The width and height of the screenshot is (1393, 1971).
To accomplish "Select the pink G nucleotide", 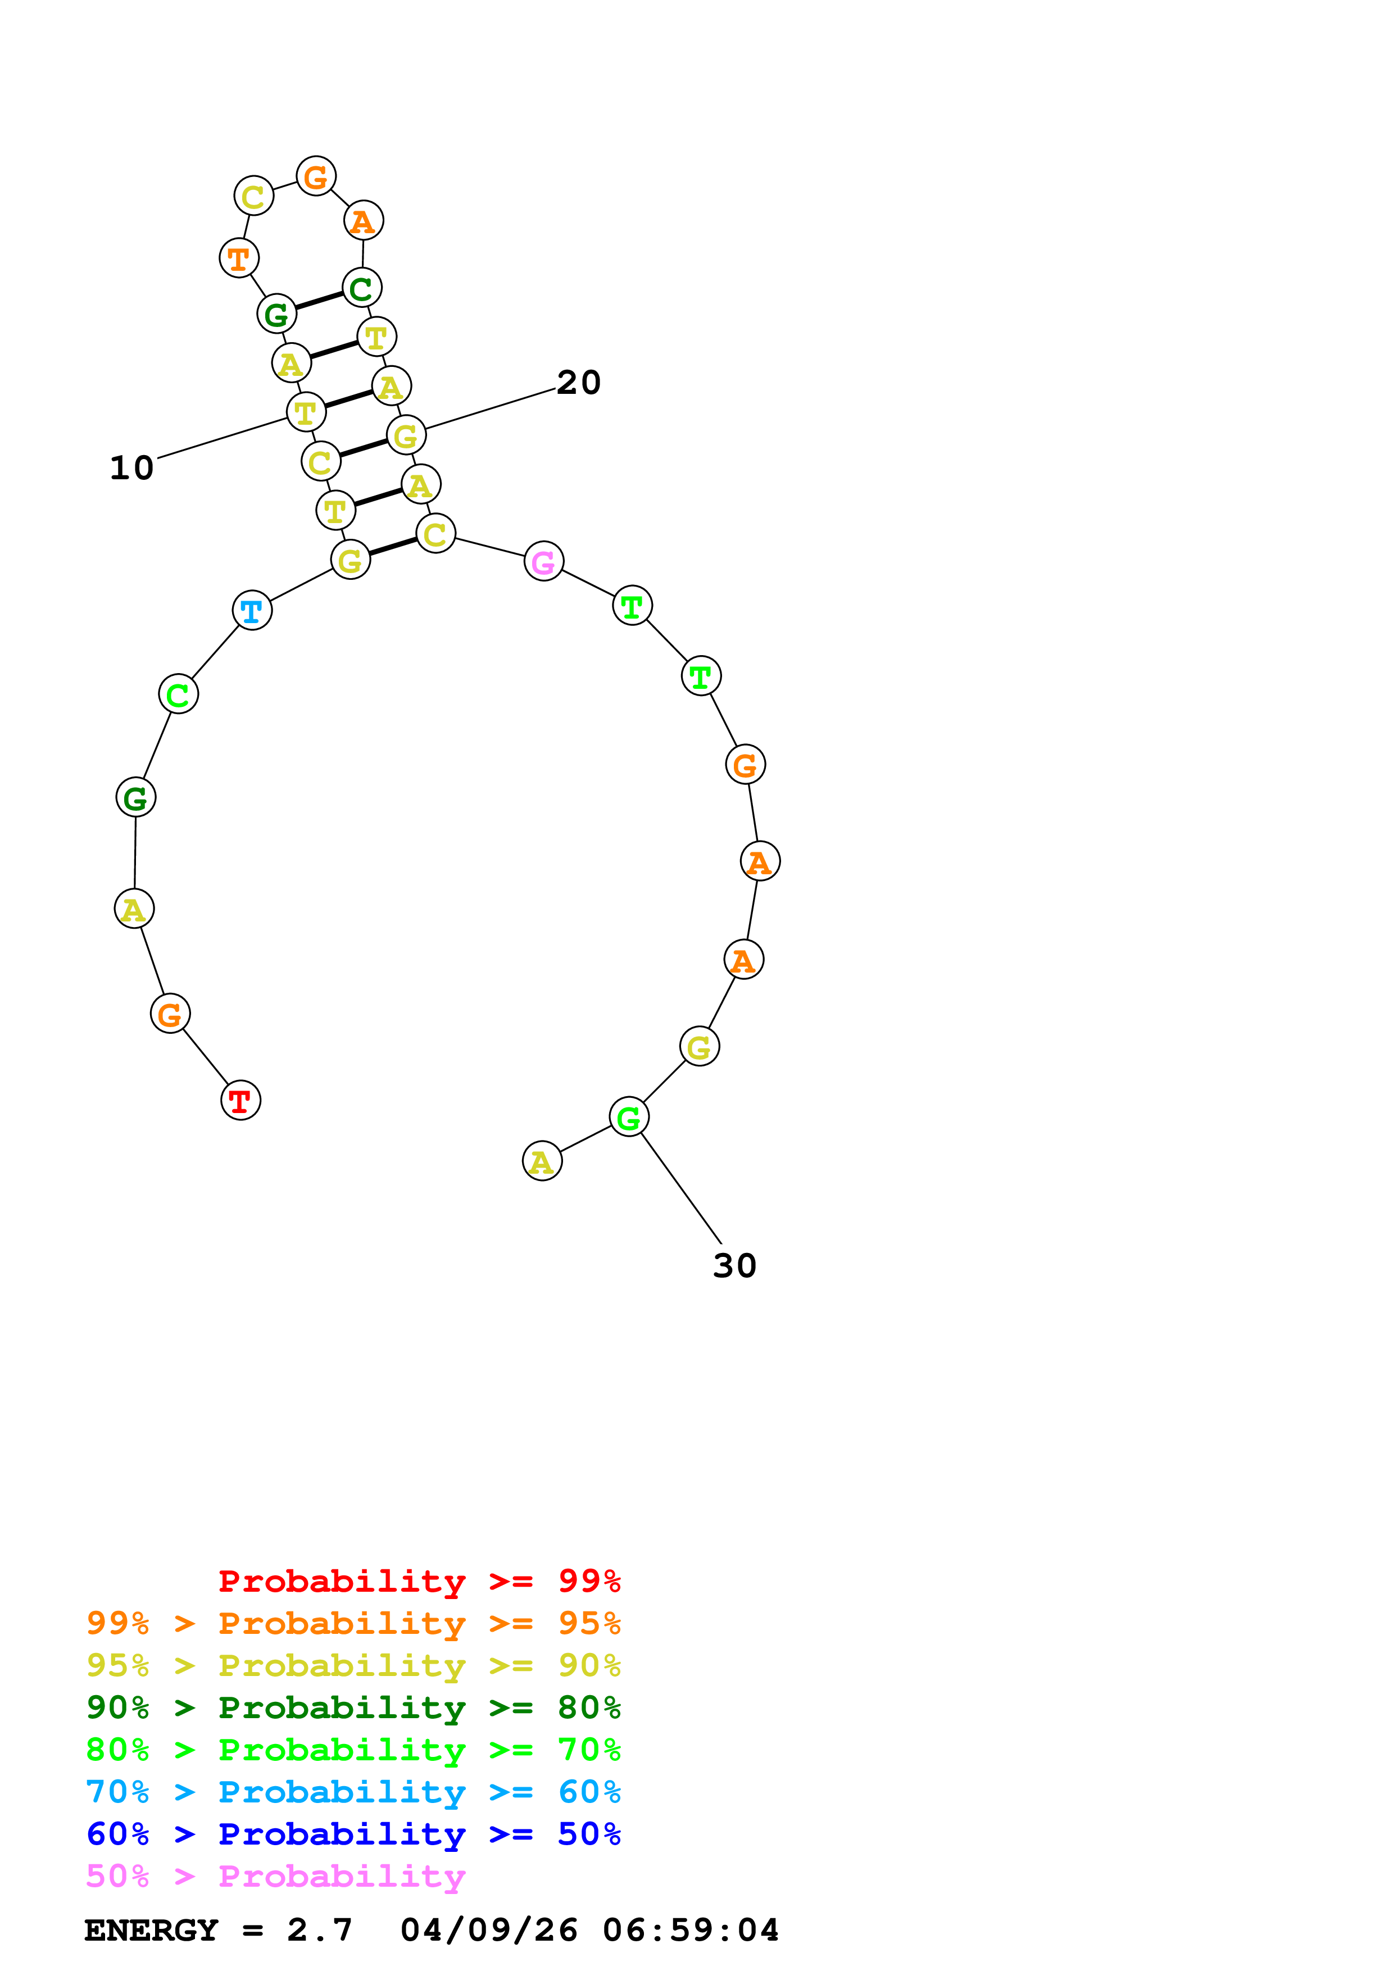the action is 543,561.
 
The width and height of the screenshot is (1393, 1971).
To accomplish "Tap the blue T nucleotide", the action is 252,610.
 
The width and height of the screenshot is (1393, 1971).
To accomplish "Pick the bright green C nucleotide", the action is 179,694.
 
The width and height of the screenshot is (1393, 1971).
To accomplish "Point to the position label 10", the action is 131,468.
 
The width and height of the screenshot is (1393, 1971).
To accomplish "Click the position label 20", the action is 578,382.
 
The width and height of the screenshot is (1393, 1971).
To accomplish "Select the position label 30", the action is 734,1265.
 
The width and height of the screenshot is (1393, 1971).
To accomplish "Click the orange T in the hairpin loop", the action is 239,257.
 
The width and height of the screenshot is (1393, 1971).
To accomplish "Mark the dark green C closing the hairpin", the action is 361,288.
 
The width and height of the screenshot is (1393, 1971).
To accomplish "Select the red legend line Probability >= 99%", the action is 419,1581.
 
